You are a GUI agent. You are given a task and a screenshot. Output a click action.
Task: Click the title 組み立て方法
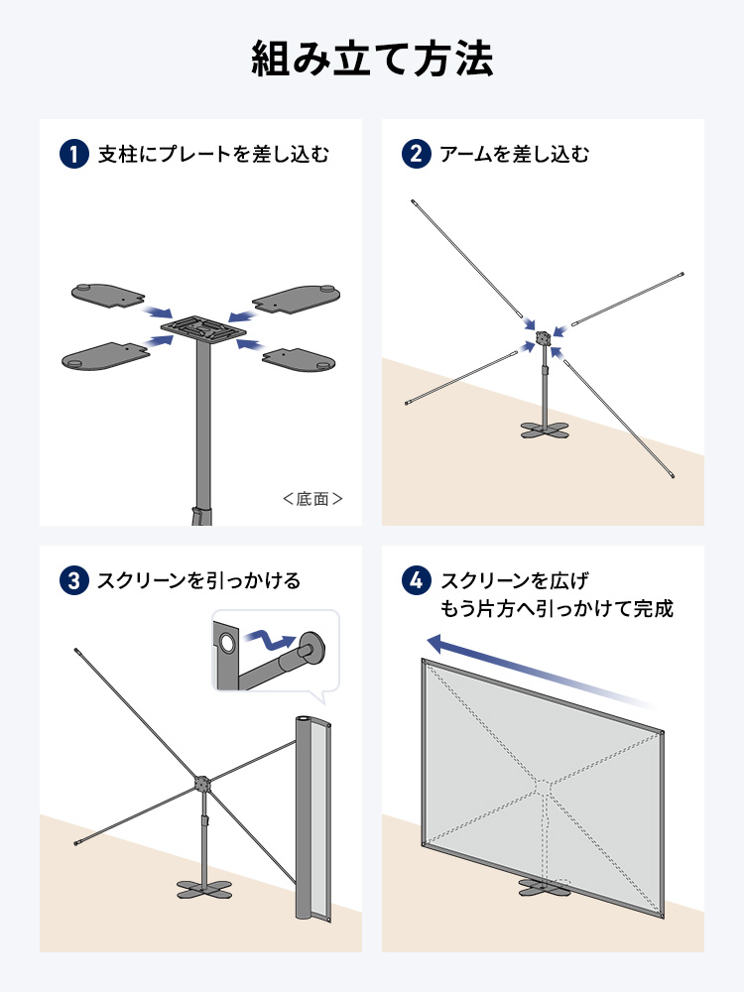(372, 60)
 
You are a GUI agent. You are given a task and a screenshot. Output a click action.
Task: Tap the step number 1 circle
(74, 155)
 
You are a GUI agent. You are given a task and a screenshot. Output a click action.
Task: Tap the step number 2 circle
(416, 155)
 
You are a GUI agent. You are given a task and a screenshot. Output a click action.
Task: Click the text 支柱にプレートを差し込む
(213, 155)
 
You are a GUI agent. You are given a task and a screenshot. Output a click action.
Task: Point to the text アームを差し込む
(515, 155)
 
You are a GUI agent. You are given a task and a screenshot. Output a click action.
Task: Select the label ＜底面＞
(312, 499)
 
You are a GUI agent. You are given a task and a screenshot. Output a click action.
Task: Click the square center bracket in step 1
(204, 326)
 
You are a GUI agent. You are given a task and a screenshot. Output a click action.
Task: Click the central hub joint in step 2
(543, 338)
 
